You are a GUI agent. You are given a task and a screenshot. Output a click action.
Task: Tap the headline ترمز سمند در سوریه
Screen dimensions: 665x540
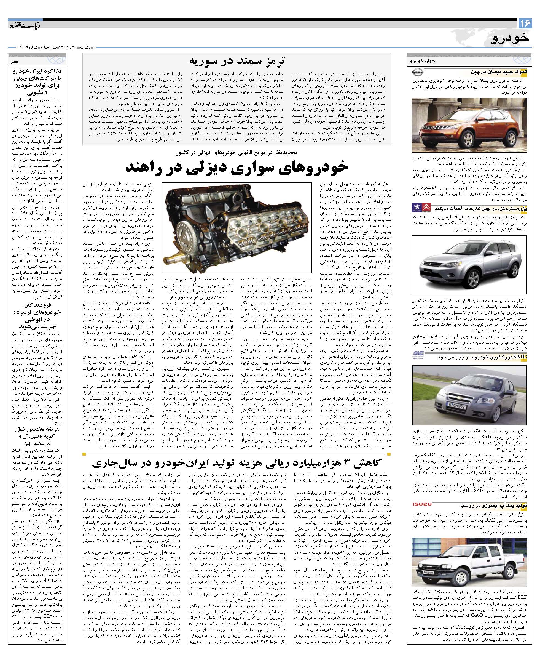(x=237, y=60)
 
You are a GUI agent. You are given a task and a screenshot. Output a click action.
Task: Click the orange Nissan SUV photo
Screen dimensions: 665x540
(x=469, y=124)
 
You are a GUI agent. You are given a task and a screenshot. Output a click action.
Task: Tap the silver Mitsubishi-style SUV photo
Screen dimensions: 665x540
(x=469, y=265)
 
